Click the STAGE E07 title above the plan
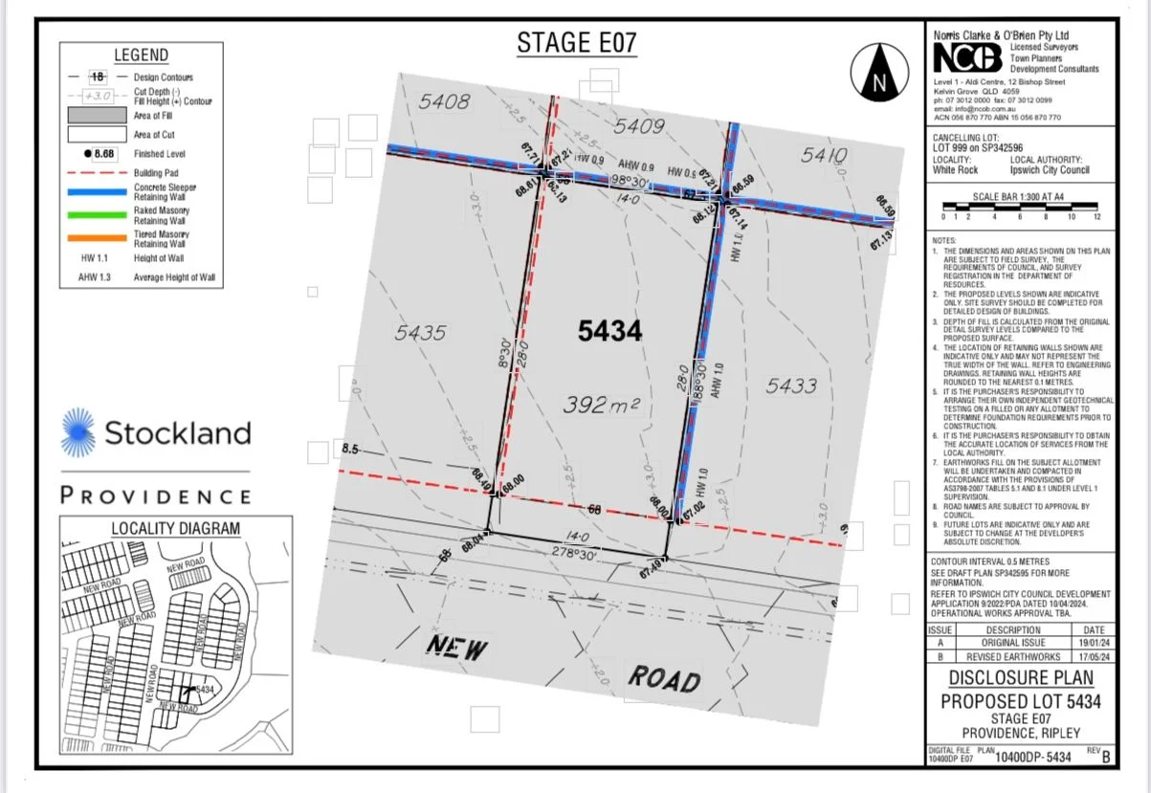tap(577, 43)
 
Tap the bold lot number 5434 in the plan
tap(609, 331)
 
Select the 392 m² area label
tap(600, 405)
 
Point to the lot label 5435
tap(420, 333)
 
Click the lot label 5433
tap(791, 385)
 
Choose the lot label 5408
tap(444, 101)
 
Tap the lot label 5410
tap(824, 155)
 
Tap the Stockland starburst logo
tap(78, 432)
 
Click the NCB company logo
tap(968, 58)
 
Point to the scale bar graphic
tap(1019, 206)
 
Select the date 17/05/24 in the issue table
tap(1093, 657)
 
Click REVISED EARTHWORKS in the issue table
tap(1013, 657)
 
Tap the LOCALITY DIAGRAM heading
tap(175, 528)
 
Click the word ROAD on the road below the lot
tap(664, 679)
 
